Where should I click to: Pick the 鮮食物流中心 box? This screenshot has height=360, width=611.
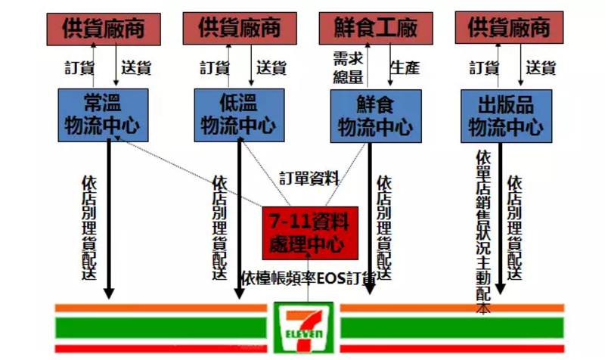[376, 115]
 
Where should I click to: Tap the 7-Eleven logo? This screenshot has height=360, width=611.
[303, 327]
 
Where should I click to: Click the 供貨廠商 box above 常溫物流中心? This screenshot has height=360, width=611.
[104, 28]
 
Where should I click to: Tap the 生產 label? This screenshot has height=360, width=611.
[405, 67]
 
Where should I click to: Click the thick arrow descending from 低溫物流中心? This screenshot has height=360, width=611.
[240, 219]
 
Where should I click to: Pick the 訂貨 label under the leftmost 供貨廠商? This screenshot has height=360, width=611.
[78, 67]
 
